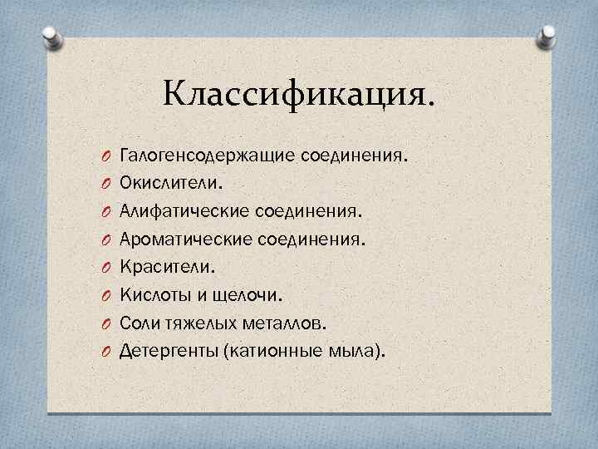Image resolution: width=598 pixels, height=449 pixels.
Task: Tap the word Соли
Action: (x=140, y=323)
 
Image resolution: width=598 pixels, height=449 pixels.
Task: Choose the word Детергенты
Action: (x=168, y=350)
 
